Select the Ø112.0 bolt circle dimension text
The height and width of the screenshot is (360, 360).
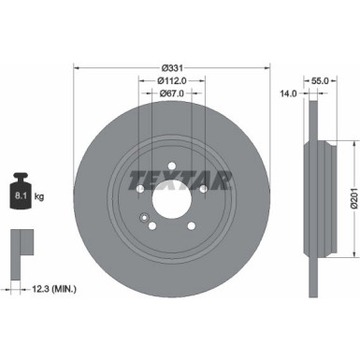171,80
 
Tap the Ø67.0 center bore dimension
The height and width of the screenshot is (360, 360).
171,93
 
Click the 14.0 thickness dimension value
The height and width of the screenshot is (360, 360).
289,94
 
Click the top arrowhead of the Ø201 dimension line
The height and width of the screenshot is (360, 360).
353,143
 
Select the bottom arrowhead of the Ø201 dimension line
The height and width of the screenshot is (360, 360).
353,255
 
